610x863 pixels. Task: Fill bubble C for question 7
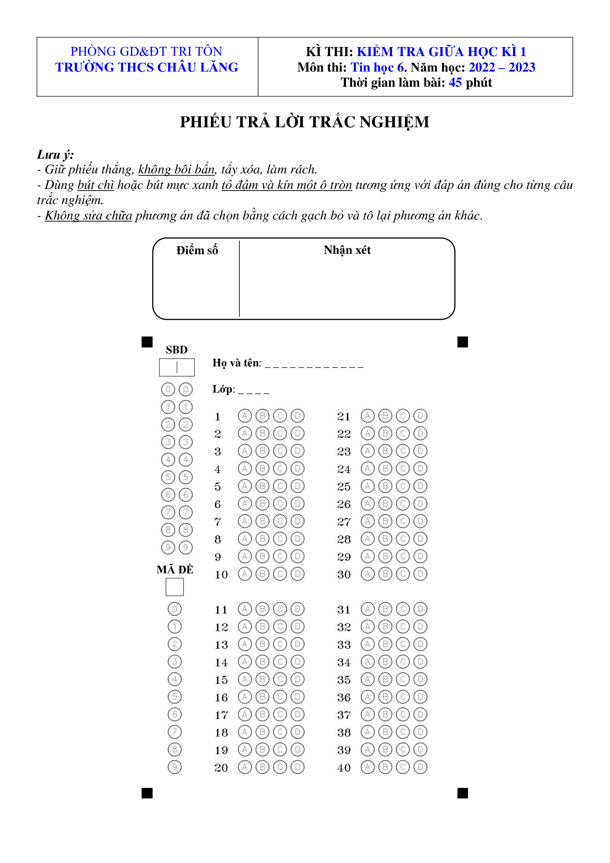pos(280,521)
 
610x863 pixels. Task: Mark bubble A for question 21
pos(367,416)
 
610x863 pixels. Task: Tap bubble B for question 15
pos(262,679)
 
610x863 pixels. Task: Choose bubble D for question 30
pos(420,574)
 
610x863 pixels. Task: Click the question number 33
pos(344,645)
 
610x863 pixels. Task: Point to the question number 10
pos(221,575)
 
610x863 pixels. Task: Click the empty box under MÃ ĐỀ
pos(175,587)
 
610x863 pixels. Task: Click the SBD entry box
pos(177,367)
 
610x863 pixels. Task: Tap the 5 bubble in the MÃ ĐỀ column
pos(175,697)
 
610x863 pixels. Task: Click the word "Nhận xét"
pos(347,250)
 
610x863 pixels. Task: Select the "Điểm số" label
pos(197,250)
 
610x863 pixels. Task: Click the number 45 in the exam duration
pos(455,82)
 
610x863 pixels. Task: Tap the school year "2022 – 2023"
pos(502,67)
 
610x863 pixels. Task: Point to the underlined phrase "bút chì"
pos(96,185)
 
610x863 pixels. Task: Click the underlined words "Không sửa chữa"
pos(88,215)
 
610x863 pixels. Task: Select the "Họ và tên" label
pos(236,363)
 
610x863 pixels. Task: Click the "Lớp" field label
pos(223,389)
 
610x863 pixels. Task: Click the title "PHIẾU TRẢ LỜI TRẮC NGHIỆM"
pos(304,122)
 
